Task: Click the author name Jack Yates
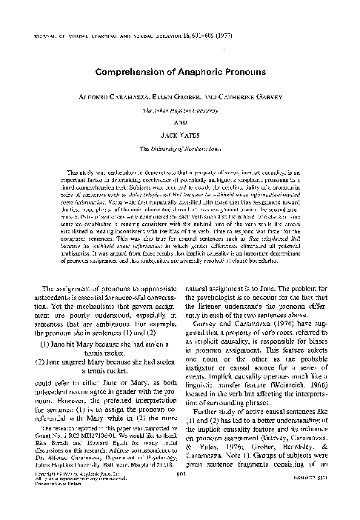pyautogui.click(x=180, y=137)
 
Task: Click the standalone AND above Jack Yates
pyautogui.click(x=180, y=124)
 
